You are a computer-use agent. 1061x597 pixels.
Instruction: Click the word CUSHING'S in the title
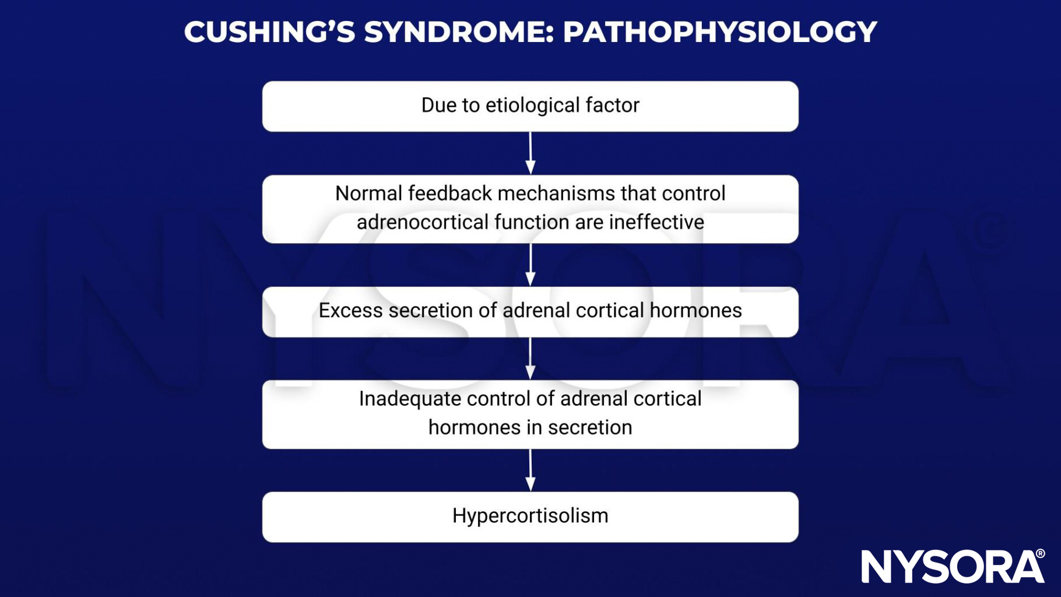click(269, 31)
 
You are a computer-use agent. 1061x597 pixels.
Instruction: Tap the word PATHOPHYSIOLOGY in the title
click(719, 31)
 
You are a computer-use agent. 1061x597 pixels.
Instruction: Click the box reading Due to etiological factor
click(530, 106)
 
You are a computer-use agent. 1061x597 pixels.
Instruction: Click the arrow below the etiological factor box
click(530, 153)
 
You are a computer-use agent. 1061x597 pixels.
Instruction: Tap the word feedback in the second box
click(449, 193)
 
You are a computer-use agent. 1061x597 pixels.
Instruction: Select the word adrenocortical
click(422, 222)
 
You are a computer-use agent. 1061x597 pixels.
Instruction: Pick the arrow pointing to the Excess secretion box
click(530, 265)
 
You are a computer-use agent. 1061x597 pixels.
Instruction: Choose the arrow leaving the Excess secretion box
click(530, 358)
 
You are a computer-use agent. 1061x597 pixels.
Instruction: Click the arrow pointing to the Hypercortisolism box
click(530, 470)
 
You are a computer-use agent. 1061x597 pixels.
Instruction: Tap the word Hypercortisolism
click(530, 516)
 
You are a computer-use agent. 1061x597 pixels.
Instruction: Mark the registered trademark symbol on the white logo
click(1039, 554)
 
